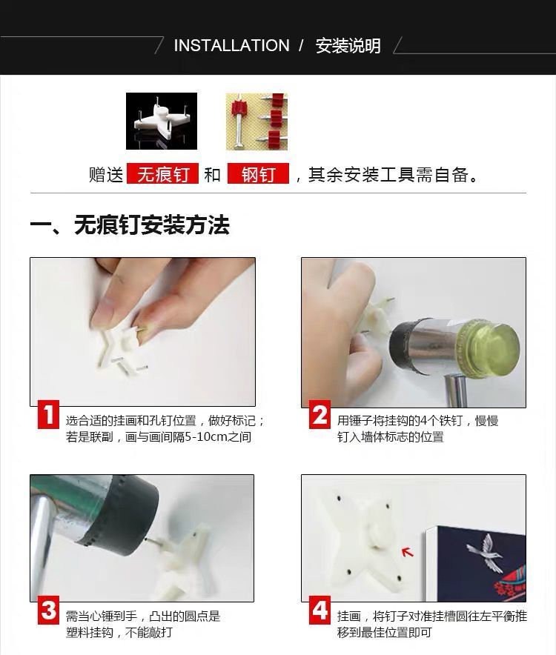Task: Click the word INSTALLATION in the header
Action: tap(231, 45)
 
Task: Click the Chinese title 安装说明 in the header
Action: tap(348, 45)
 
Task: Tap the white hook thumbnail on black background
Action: tap(162, 121)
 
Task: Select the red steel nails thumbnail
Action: tap(257, 122)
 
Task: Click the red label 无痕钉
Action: tap(162, 174)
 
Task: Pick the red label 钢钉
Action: tap(258, 174)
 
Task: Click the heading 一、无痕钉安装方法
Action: tap(130, 225)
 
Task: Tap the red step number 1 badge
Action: tap(48, 414)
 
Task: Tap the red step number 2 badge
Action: tap(320, 414)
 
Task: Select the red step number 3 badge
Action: tap(48, 611)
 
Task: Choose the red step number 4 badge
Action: tap(320, 611)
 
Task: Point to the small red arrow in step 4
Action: tap(407, 552)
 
